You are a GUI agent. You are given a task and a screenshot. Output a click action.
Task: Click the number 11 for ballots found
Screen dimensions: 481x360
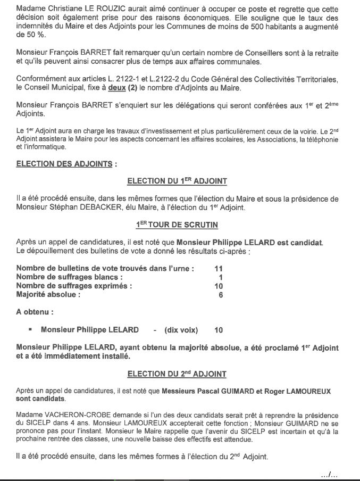pyautogui.click(x=218, y=268)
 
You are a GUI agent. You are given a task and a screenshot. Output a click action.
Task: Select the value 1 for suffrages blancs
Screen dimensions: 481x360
pyautogui.click(x=220, y=277)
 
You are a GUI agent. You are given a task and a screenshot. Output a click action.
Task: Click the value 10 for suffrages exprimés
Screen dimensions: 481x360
pyautogui.click(x=218, y=286)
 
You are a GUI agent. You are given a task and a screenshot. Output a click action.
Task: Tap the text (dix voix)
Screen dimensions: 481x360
pyautogui.click(x=181, y=330)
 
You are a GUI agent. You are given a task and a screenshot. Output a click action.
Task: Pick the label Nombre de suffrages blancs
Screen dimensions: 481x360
pyautogui.click(x=70, y=277)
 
